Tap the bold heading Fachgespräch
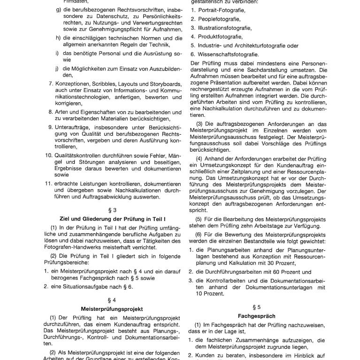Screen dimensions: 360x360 tap(256, 316)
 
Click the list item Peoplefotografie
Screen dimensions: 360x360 tap(215, 19)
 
